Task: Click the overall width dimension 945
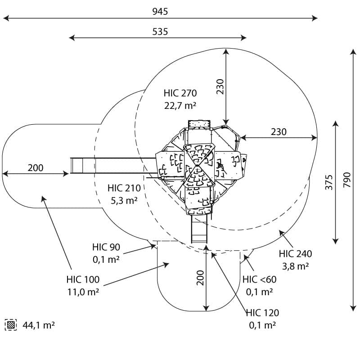(x=160, y=11)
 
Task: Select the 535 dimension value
(x=160, y=31)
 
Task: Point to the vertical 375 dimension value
(x=329, y=182)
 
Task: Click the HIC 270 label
(x=180, y=94)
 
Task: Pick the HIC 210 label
(x=124, y=188)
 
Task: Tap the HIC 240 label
(x=295, y=254)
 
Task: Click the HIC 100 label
(x=83, y=279)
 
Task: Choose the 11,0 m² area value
(x=83, y=292)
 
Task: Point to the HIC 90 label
(x=106, y=247)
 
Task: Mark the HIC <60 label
(x=260, y=279)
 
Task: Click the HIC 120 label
(x=263, y=313)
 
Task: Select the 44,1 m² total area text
(x=39, y=324)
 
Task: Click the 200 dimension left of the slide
(x=36, y=168)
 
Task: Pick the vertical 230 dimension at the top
(x=220, y=86)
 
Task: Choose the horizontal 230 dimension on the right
(x=279, y=132)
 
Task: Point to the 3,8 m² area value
(x=295, y=266)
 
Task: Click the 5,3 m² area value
(x=124, y=200)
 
